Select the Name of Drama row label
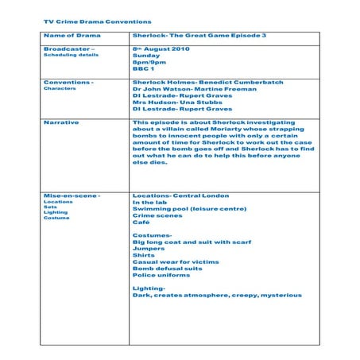click(x=72, y=37)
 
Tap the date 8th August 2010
click(x=160, y=48)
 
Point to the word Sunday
click(x=146, y=56)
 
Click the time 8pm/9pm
click(x=149, y=63)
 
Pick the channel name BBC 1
click(x=144, y=70)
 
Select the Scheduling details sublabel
click(x=72, y=56)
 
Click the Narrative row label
click(x=61, y=123)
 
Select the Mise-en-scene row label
click(x=72, y=195)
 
